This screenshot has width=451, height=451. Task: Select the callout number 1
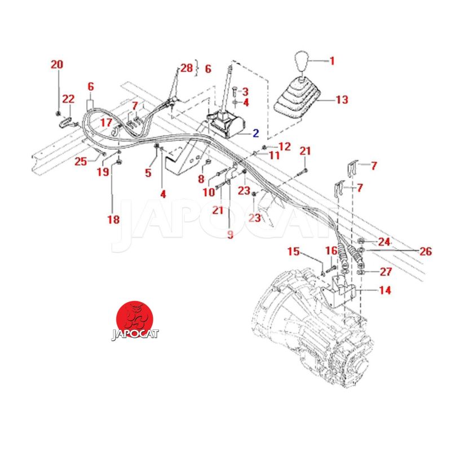click(x=332, y=60)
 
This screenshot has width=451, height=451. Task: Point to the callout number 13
click(x=342, y=100)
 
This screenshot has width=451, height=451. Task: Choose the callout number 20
click(x=57, y=65)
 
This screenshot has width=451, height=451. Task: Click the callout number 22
click(x=68, y=99)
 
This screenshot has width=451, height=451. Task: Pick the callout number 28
click(x=186, y=68)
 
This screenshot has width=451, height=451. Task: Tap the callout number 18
click(x=113, y=219)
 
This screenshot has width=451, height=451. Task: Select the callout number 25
click(x=81, y=162)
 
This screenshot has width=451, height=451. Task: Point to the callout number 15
click(x=293, y=251)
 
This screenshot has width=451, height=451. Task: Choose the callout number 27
click(x=386, y=272)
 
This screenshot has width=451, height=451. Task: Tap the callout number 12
click(x=285, y=147)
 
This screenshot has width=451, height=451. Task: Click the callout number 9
click(x=230, y=235)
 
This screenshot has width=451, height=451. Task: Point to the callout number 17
click(x=106, y=122)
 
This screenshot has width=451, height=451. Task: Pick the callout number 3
click(x=246, y=91)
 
